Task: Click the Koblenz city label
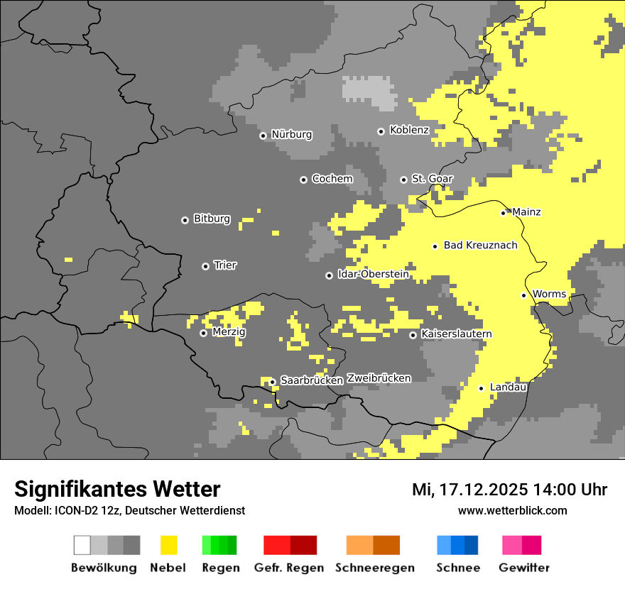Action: tap(409, 130)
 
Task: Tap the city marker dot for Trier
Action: tap(205, 266)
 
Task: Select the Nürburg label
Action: tap(291, 134)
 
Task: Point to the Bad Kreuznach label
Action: tap(480, 246)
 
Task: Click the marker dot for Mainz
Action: tap(503, 213)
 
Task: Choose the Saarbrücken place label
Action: tap(312, 380)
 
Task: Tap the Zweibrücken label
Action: tap(379, 378)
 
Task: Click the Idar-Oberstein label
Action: tap(373, 274)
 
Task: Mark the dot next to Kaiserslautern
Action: tap(413, 335)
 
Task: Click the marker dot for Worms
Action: tap(523, 295)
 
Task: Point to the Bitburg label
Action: tap(212, 219)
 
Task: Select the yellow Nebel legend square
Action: tap(168, 545)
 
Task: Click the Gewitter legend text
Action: tap(523, 568)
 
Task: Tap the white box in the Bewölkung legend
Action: tap(82, 545)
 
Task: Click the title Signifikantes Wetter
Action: tap(117, 490)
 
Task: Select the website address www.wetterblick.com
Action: tap(512, 510)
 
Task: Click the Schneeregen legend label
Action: tap(374, 568)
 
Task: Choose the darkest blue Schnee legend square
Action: tap(472, 545)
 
